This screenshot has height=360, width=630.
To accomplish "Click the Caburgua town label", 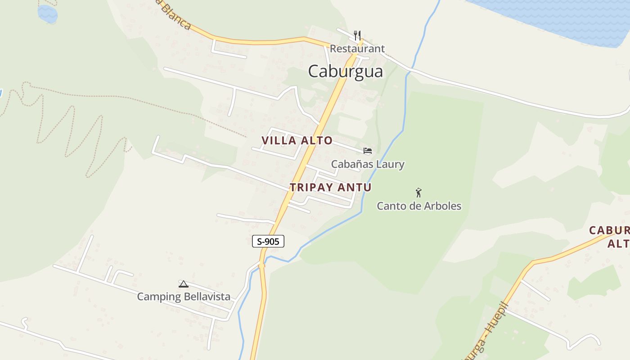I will pyautogui.click(x=346, y=72).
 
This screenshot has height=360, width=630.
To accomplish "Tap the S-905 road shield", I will pyautogui.click(x=268, y=241).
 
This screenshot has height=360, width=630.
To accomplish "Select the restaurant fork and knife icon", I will pyautogui.click(x=357, y=35).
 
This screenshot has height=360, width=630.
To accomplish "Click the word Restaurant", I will pyautogui.click(x=357, y=49).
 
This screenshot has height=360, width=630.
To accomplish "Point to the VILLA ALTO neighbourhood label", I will pyautogui.click(x=297, y=141).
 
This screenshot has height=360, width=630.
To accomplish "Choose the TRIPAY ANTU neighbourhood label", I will pyautogui.click(x=331, y=187).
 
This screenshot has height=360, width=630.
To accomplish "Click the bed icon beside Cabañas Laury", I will pyautogui.click(x=368, y=151).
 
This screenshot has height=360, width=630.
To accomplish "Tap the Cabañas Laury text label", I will pyautogui.click(x=368, y=164).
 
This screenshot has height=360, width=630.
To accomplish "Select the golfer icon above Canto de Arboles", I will pyautogui.click(x=418, y=193).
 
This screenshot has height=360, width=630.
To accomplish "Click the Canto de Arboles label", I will pyautogui.click(x=419, y=206).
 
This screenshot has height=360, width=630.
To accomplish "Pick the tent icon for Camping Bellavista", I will pyautogui.click(x=183, y=284).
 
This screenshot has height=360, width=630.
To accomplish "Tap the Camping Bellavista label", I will pyautogui.click(x=184, y=297).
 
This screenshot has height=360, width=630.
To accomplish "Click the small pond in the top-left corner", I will pyautogui.click(x=47, y=13).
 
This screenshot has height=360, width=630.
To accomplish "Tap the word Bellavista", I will pyautogui.click(x=207, y=297).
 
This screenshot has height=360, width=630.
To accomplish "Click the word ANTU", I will pyautogui.click(x=355, y=187).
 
